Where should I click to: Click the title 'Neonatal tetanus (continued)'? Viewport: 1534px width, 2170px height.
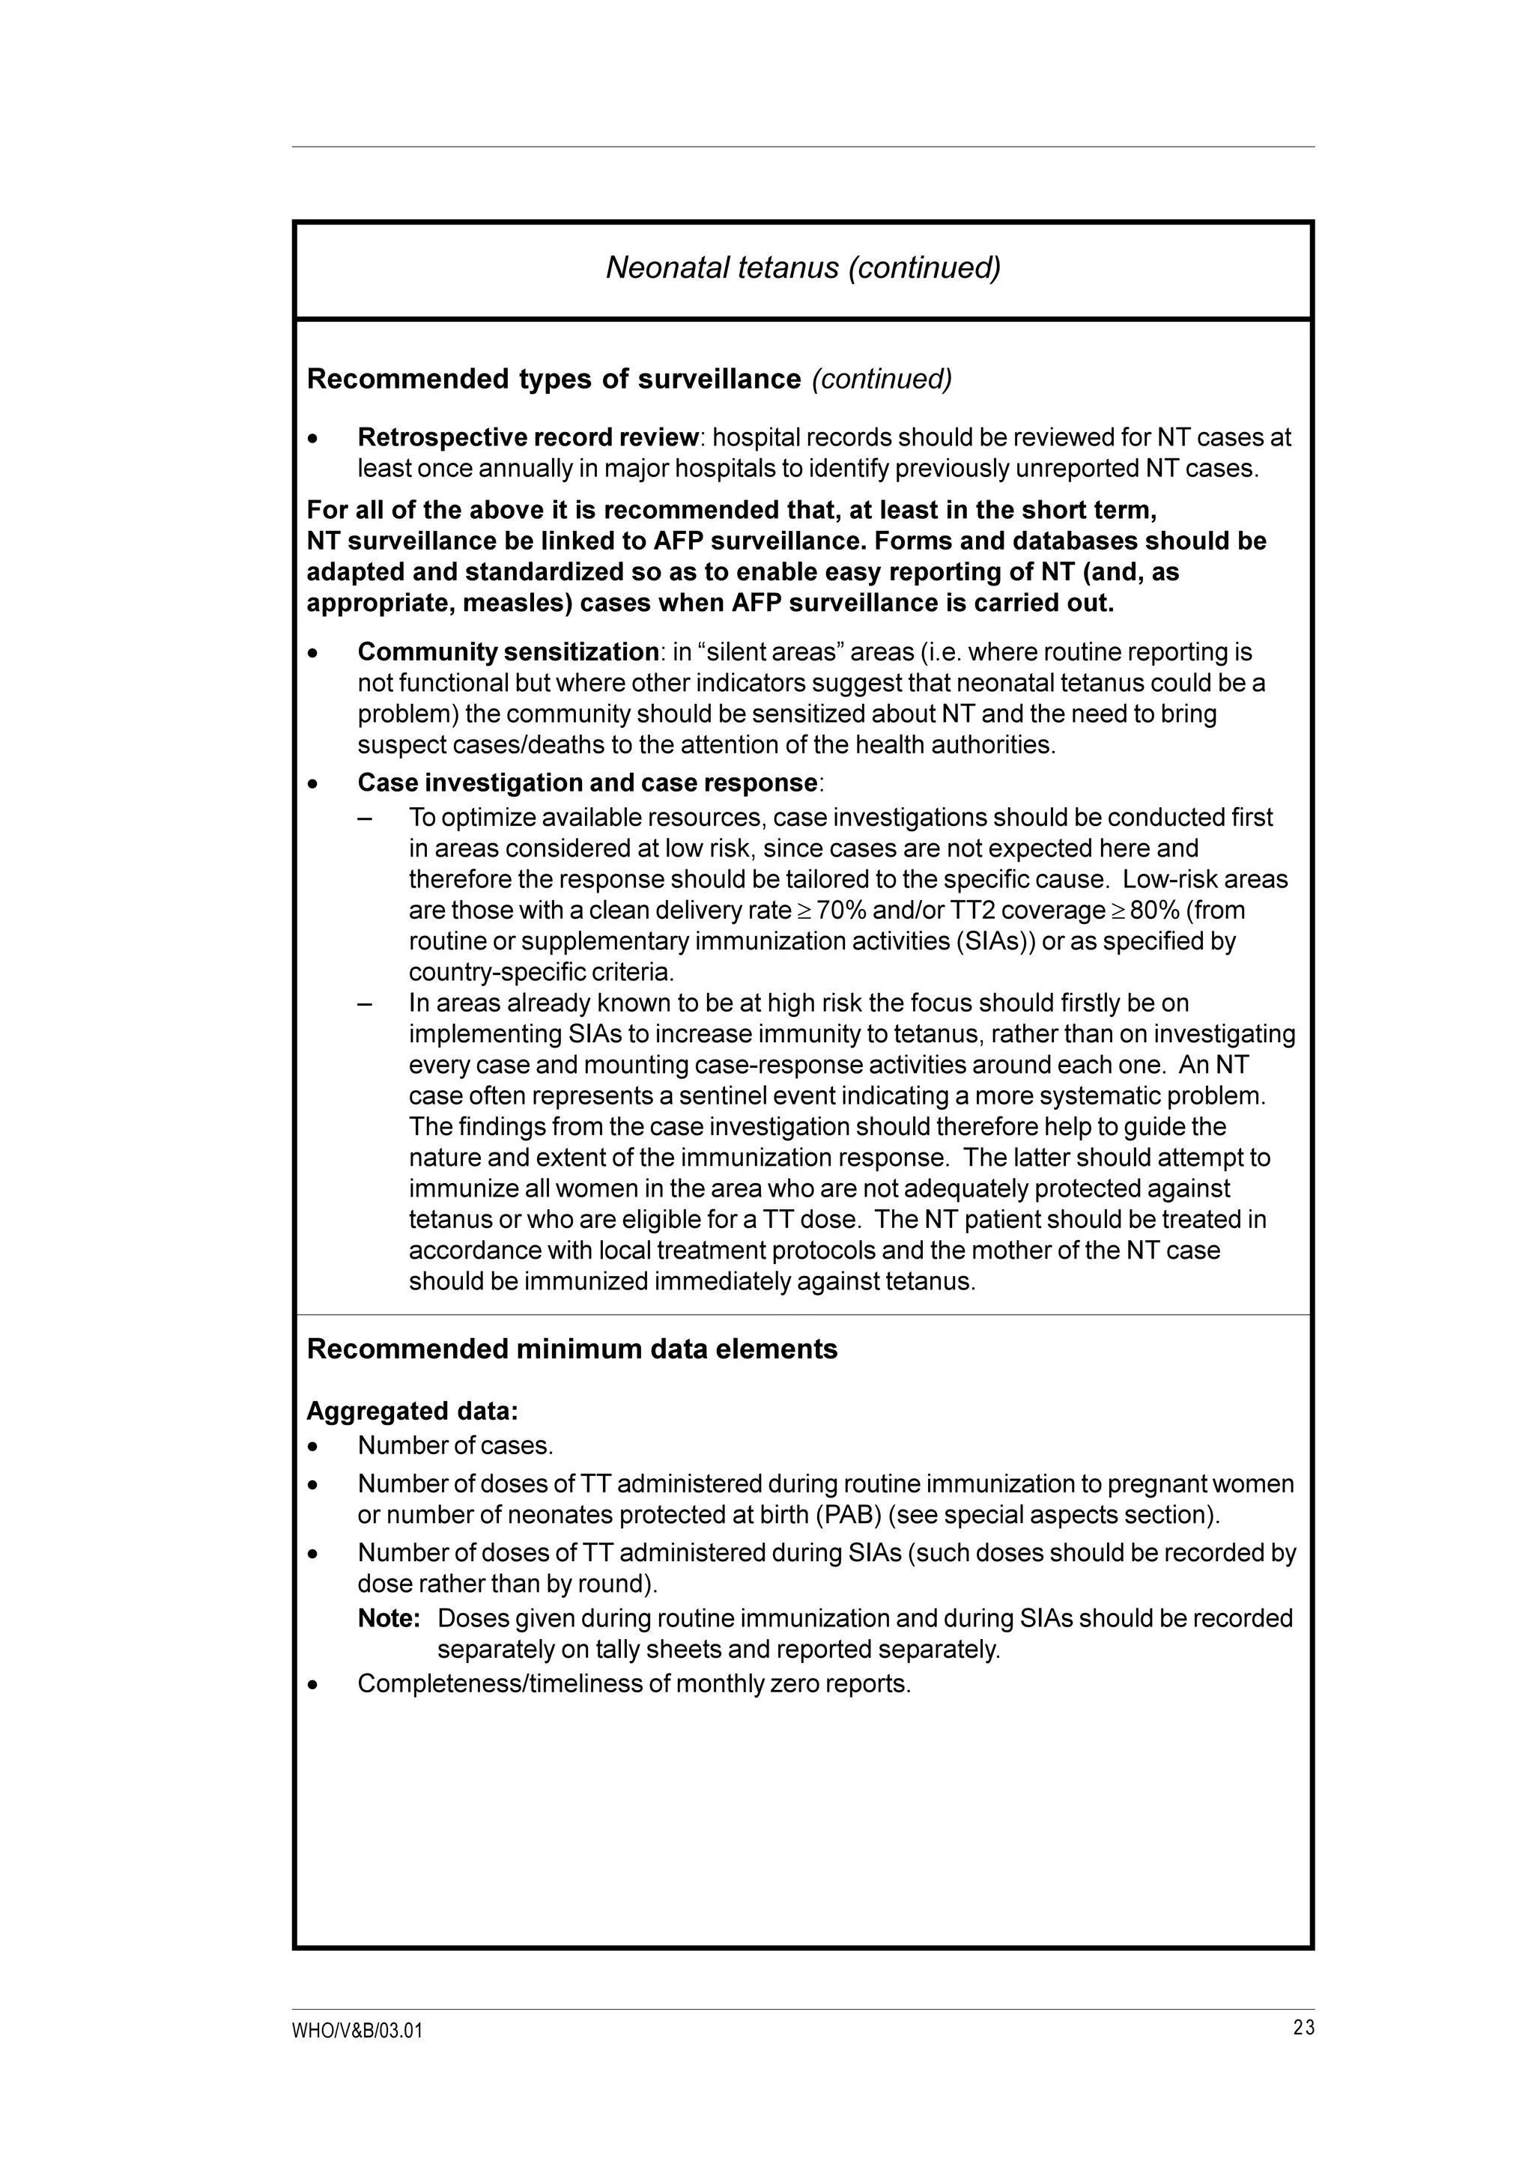[802, 268]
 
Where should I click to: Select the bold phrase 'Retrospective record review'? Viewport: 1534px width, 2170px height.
[527, 437]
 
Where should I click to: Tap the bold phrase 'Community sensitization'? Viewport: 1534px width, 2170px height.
[508, 652]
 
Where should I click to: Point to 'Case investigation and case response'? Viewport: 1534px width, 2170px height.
[587, 782]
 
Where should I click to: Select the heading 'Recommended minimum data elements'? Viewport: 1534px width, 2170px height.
[572, 1349]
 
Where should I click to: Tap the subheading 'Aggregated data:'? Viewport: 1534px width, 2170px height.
[412, 1411]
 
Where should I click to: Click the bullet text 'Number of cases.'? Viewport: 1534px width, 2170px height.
[455, 1446]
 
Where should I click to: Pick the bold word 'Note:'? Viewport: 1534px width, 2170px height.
[389, 1618]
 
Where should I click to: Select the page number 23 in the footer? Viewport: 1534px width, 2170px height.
[1303, 2027]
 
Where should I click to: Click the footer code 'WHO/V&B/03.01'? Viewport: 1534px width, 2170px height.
[357, 2031]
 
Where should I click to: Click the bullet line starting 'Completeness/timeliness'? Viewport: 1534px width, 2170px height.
[633, 1683]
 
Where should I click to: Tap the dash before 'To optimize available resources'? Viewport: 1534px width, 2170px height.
[365, 818]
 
